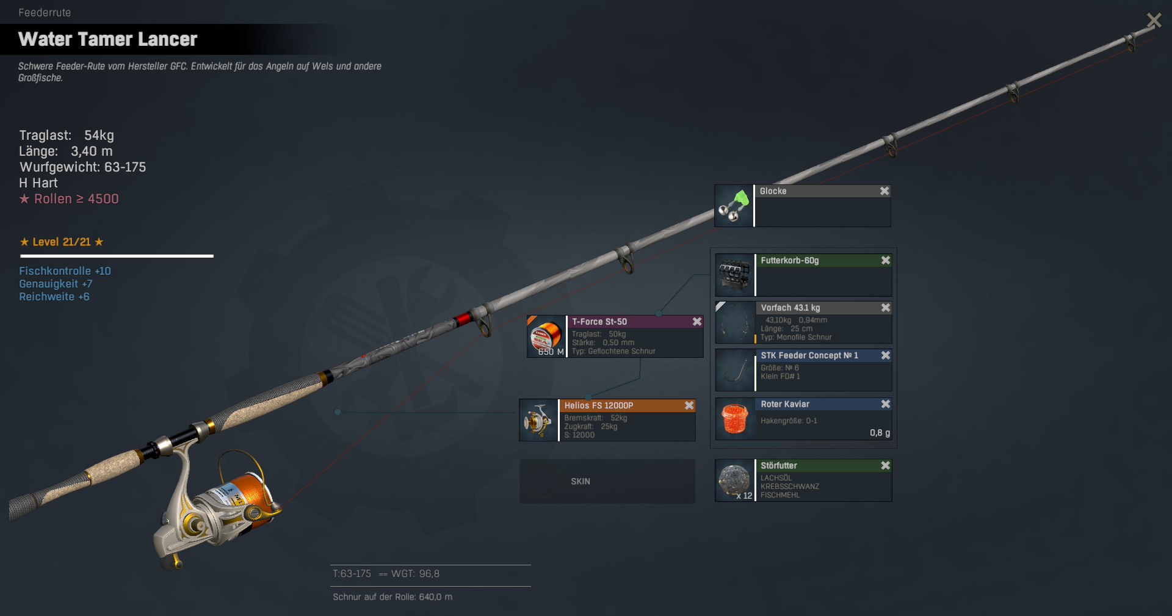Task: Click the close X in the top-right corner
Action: [x=1154, y=20]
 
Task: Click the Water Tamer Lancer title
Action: [x=107, y=39]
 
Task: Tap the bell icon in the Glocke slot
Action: [x=734, y=206]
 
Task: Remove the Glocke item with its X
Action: [x=884, y=191]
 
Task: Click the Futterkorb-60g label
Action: [x=790, y=261]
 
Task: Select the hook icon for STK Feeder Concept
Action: [x=734, y=370]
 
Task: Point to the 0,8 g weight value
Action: [x=880, y=433]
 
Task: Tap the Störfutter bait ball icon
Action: [x=734, y=480]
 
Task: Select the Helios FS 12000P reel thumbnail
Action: [x=538, y=420]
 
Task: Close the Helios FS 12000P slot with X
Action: [x=689, y=405]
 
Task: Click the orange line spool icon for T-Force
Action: [x=546, y=336]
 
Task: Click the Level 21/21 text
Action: [x=62, y=242]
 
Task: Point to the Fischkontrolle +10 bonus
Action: [x=65, y=271]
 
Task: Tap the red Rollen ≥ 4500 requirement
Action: [x=69, y=199]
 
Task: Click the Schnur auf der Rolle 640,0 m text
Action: [x=392, y=597]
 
